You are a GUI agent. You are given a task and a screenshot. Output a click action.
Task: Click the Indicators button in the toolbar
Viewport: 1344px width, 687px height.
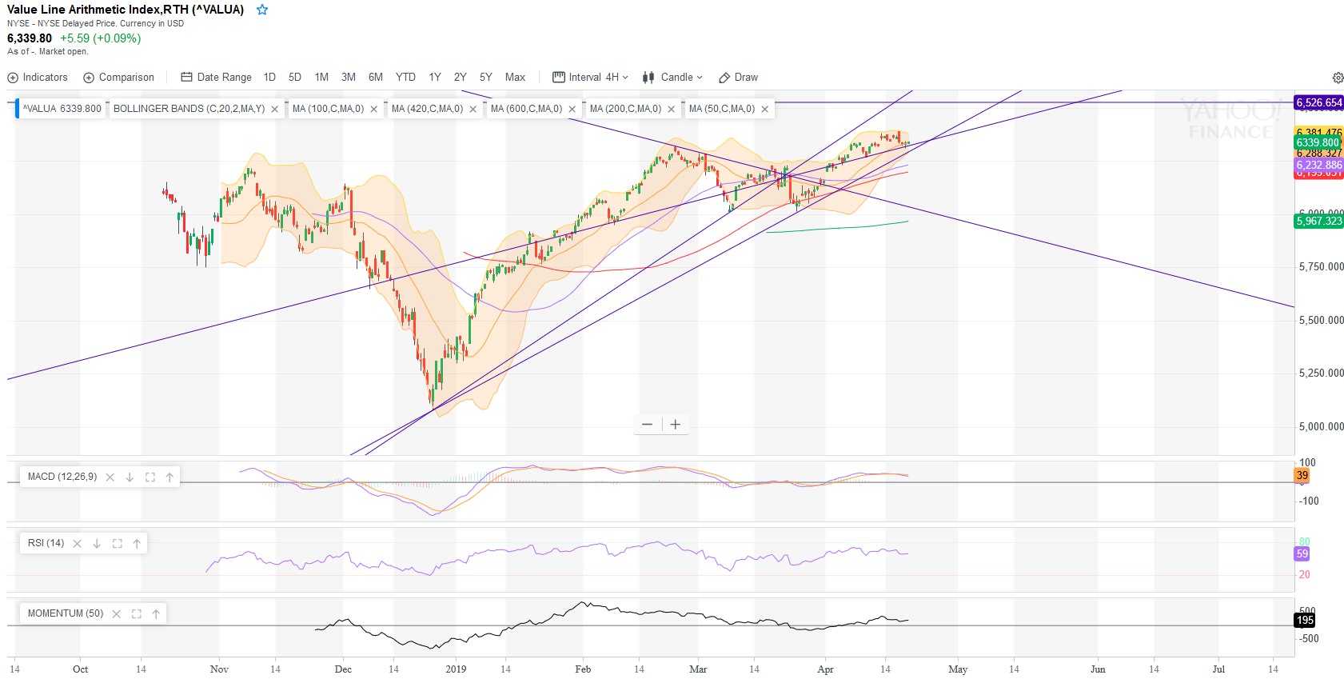(x=38, y=78)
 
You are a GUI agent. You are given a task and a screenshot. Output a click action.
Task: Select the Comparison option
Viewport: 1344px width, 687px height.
(x=119, y=78)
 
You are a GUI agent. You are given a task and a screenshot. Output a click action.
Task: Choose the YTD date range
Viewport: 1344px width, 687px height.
(x=405, y=78)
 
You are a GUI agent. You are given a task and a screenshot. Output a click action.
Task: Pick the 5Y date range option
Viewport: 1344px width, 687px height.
(x=485, y=78)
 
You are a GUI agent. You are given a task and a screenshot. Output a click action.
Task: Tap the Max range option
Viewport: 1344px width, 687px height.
(x=515, y=78)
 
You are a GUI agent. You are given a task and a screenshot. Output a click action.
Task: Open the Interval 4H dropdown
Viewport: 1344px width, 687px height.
(x=591, y=78)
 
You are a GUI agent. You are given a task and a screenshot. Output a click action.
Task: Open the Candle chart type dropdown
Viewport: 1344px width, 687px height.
(x=672, y=78)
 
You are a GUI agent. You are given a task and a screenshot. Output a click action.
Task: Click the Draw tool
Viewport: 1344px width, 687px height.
(x=739, y=78)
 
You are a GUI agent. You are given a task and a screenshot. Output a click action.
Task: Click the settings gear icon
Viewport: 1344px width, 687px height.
(x=1338, y=78)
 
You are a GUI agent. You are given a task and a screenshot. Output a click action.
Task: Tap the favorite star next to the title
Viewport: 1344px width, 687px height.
(x=262, y=10)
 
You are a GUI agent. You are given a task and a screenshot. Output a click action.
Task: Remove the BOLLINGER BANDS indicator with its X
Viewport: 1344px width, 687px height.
(x=275, y=110)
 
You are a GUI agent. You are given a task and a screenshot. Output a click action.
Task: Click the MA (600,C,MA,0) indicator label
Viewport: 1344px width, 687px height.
(x=526, y=109)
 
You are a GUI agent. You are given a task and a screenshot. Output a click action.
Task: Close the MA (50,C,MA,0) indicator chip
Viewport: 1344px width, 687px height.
(x=765, y=110)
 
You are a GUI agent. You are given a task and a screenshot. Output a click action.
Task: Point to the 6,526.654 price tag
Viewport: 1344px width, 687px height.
(x=1318, y=102)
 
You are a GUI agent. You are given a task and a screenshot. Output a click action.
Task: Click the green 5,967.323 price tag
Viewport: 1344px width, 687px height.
(x=1318, y=221)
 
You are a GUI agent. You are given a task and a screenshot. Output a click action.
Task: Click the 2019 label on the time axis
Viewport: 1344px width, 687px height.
(x=456, y=669)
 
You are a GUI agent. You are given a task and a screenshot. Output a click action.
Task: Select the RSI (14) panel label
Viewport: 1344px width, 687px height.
(x=46, y=543)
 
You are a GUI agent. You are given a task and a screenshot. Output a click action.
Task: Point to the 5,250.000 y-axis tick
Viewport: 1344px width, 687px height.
(x=1321, y=373)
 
